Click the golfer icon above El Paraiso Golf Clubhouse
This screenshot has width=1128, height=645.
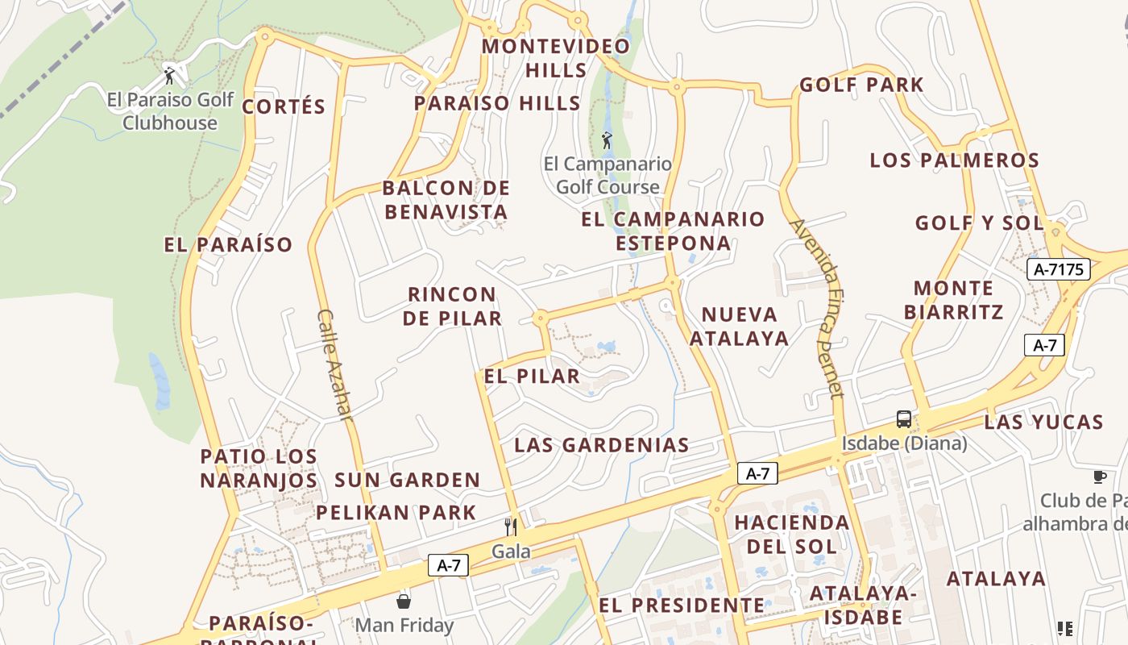click(169, 77)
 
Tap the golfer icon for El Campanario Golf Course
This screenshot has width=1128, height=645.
click(607, 140)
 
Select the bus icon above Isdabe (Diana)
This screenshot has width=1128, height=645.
click(904, 419)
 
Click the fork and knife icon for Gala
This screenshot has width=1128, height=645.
click(511, 526)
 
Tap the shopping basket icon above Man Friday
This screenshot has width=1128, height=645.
click(404, 601)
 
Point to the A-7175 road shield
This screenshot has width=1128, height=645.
click(1059, 269)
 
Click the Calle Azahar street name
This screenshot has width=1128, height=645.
click(335, 364)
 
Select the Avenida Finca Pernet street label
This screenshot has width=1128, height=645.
click(817, 308)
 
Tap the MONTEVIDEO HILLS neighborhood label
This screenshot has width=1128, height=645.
click(556, 58)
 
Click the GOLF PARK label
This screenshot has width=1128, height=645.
click(861, 85)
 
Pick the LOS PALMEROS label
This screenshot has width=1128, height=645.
click(954, 160)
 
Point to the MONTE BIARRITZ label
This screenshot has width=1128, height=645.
click(953, 300)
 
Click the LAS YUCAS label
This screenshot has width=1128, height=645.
click(1043, 422)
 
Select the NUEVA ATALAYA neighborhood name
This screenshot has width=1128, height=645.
click(739, 326)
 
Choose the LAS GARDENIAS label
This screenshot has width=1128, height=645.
click(602, 445)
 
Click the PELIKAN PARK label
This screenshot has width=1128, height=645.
click(396, 513)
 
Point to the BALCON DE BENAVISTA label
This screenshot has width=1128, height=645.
click(446, 200)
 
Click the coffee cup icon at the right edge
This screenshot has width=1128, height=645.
click(1100, 476)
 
